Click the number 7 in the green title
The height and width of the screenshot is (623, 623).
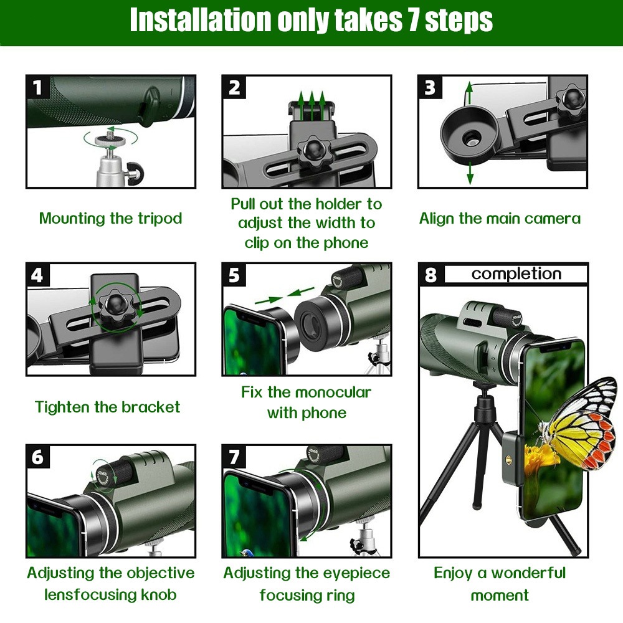pyautogui.click(x=415, y=19)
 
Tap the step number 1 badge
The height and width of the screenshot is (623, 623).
pyautogui.click(x=38, y=87)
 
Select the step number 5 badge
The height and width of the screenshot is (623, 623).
pyautogui.click(x=234, y=275)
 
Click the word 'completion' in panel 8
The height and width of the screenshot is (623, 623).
pyautogui.click(x=516, y=274)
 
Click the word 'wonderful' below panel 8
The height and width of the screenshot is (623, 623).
pyautogui.click(x=528, y=573)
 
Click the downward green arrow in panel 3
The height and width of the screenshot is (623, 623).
pyautogui.click(x=470, y=173)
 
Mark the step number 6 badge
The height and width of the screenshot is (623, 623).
pyautogui.click(x=38, y=457)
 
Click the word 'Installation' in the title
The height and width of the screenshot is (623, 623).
pyautogui.click(x=200, y=20)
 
